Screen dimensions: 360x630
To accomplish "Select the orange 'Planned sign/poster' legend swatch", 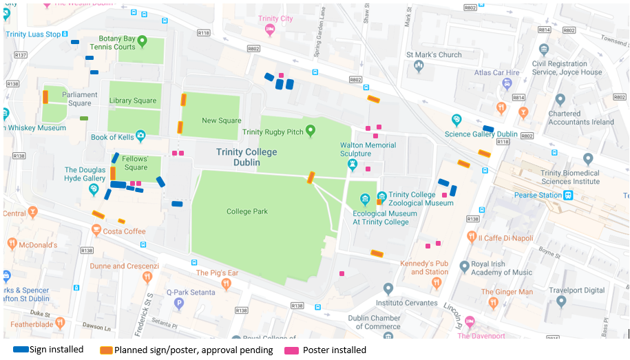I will [x=106, y=350].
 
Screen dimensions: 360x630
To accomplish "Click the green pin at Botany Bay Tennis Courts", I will [x=142, y=41].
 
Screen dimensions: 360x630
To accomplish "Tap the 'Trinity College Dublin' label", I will [x=246, y=157].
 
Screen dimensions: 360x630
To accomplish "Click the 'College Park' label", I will [x=246, y=211].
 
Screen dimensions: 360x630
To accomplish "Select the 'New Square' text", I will [x=221, y=120].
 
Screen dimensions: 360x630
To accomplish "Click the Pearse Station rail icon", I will [x=568, y=195].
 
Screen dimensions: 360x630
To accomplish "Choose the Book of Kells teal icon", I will [x=140, y=136].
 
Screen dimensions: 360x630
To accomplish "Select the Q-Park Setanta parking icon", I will [x=179, y=302].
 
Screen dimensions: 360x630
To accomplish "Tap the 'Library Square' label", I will [x=133, y=100].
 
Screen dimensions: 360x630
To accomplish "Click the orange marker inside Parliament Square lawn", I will [x=45, y=97].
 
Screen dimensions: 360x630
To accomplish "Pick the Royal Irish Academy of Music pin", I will [x=465, y=266].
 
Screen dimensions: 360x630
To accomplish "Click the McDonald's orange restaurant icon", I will [x=12, y=244].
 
